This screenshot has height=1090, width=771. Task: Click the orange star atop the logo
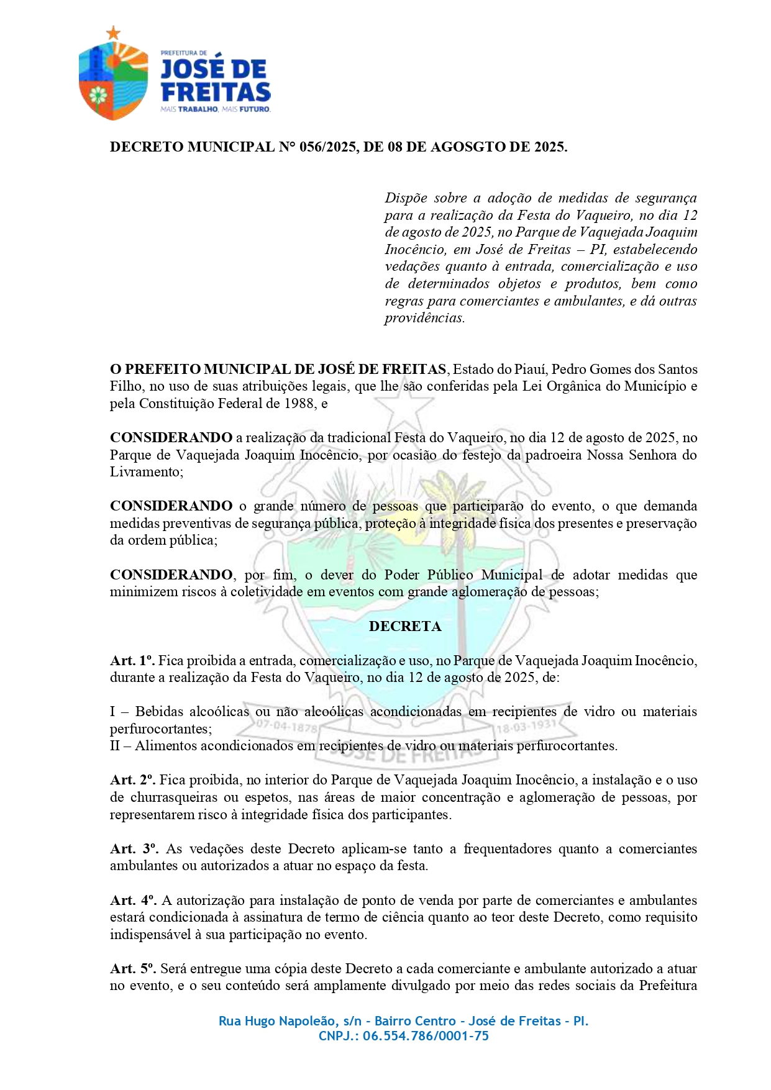(x=112, y=33)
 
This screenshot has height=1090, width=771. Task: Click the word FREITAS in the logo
(x=216, y=93)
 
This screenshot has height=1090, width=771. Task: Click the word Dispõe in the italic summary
(x=405, y=198)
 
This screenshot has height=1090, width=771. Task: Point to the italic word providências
(x=424, y=318)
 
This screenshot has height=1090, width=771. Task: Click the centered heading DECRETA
(x=405, y=626)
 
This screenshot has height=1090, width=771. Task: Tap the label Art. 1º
(x=132, y=661)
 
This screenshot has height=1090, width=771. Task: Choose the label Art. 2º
(x=132, y=780)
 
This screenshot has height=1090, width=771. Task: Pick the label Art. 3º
(x=134, y=849)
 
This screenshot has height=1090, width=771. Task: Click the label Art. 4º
(x=133, y=901)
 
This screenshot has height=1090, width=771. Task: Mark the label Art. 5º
(x=133, y=969)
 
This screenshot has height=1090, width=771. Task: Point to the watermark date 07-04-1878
(x=286, y=725)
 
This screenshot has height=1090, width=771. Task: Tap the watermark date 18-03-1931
(x=526, y=725)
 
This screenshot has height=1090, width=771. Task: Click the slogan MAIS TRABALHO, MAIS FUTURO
(x=215, y=109)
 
